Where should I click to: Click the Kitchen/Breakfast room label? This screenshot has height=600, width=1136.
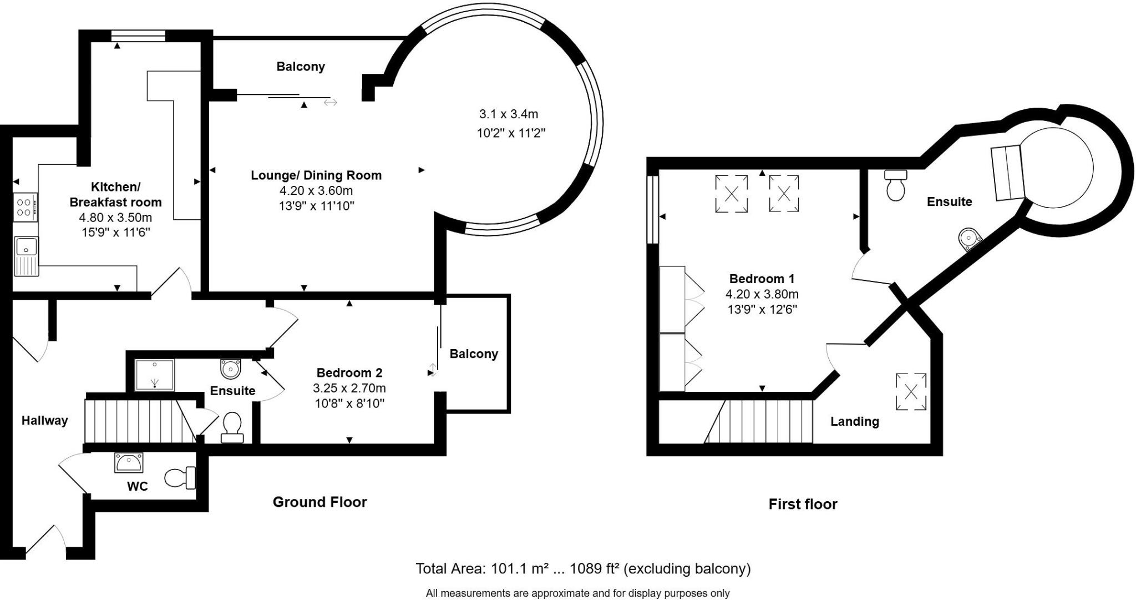pos(115,194)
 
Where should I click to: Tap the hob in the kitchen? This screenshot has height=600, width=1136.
pos(26,208)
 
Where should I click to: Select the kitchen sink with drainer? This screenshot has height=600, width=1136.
pos(26,256)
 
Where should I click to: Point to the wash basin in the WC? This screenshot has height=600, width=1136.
pos(129,462)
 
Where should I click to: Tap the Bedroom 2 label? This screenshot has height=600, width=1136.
pos(349,372)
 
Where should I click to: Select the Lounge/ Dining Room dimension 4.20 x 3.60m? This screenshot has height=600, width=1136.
pos(316,191)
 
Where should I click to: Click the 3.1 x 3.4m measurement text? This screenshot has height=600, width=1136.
pos(509,114)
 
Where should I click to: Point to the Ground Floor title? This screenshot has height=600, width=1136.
pos(319,502)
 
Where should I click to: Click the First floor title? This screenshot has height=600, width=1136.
pos(803,504)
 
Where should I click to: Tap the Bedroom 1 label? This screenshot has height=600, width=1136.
pos(762,279)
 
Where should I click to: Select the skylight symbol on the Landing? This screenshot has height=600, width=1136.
pos(911,392)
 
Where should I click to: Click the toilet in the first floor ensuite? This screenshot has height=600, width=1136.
pos(896,185)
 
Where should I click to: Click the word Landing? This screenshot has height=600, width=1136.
pos(854,421)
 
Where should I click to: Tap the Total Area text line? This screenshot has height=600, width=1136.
pos(583,568)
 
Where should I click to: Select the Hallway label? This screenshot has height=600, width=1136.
pos(44,420)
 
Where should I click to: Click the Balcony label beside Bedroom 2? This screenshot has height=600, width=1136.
pos(474,354)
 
